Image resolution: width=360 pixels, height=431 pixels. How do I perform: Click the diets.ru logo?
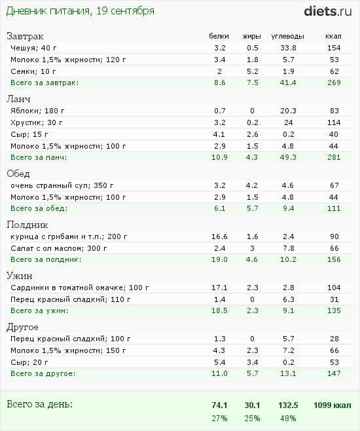tap(327, 12)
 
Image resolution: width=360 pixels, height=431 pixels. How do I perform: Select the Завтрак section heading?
tap(25, 37)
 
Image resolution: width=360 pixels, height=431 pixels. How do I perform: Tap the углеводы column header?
tap(288, 37)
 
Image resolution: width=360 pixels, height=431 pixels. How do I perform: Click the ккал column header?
tap(333, 36)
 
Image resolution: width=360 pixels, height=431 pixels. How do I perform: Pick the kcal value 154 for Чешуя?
tap(334, 48)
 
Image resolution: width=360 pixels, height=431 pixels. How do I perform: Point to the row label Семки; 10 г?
tap(33, 71)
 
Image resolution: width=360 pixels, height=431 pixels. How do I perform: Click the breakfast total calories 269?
tap(334, 83)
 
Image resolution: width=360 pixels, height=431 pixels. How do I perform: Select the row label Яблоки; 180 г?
tap(37, 111)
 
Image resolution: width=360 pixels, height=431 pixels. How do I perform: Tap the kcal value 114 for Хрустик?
tap(334, 122)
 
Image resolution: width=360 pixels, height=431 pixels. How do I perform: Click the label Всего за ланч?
tap(39, 157)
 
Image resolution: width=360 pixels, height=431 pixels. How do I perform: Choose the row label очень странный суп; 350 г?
tap(62, 185)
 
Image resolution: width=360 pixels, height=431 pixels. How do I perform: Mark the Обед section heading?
tap(18, 174)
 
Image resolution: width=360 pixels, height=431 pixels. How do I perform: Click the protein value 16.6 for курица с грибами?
tap(219, 236)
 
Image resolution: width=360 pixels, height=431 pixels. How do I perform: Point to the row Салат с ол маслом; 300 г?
tap(59, 248)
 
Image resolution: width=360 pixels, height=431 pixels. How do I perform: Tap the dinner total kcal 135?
tap(334, 310)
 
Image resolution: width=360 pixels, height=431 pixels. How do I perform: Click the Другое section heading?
tap(22, 328)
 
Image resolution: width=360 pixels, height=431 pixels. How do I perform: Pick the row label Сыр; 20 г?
tap(29, 363)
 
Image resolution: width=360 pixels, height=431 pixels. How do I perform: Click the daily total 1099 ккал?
tap(333, 405)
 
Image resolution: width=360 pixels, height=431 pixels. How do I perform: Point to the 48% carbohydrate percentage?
tap(288, 419)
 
